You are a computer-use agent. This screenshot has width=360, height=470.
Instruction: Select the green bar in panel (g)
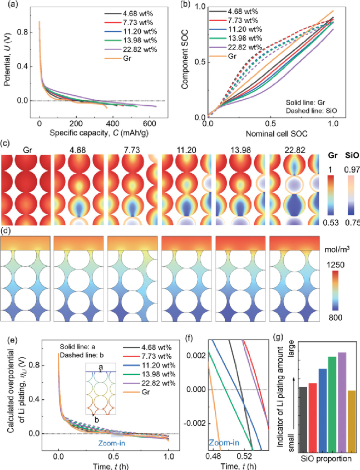(x=332, y=405)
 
